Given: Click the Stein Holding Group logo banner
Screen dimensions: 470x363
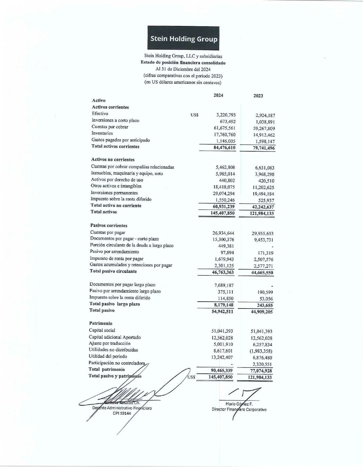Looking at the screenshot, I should point(183,38).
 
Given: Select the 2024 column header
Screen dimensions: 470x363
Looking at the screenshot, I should point(218,95).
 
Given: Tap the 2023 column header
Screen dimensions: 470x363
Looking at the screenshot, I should point(258,96).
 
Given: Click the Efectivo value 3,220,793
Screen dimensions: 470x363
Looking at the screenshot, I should point(226,115).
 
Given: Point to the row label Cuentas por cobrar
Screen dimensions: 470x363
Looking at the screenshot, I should point(110,127).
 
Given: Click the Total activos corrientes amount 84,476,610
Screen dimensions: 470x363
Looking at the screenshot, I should point(224,148).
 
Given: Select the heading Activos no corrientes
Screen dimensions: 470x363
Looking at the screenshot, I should point(113,160).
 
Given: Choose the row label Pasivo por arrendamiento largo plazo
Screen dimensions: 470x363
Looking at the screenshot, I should point(125,291).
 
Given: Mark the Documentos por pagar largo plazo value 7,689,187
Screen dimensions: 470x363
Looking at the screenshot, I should point(224,285).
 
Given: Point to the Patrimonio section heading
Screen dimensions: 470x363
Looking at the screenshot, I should point(101,323).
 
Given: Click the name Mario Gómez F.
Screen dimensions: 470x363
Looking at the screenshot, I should point(239,404).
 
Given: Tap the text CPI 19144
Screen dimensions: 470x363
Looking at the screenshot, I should point(122,413).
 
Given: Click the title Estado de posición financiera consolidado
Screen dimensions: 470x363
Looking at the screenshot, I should point(183,63).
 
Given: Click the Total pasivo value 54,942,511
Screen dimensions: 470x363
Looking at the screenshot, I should point(222,311).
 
